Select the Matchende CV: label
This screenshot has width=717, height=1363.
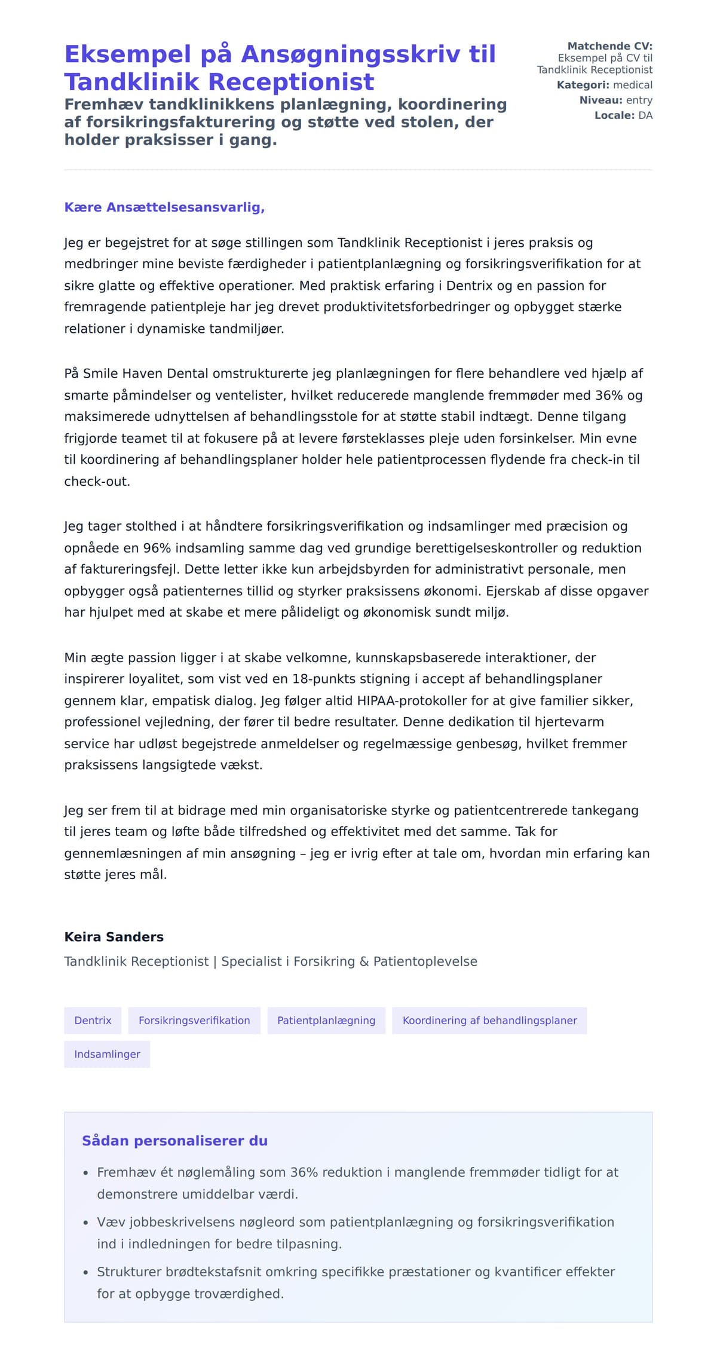coord(609,46)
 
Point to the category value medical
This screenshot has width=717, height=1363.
coord(633,85)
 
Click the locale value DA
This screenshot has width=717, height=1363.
coord(645,115)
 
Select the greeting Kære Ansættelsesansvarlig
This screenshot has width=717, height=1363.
coord(164,207)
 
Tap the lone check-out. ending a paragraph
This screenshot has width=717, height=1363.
coord(97,481)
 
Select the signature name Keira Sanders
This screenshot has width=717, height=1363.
coord(114,937)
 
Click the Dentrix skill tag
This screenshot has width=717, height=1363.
coord(93,1021)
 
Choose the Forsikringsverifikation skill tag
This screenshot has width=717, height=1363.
coord(194,1021)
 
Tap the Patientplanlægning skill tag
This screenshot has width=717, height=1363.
coord(326,1021)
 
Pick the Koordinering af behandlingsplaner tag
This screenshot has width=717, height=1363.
coord(489,1021)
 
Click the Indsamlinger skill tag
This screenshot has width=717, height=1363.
coord(107,1054)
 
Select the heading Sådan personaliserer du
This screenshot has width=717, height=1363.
coord(174,1141)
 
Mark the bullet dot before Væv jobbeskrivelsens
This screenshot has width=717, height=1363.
coord(86,1223)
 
